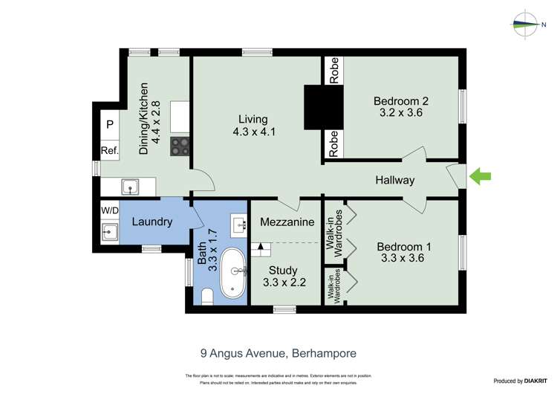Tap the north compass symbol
tap(527, 24)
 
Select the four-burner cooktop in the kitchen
tap(180, 146)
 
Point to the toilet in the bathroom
tap(207, 297)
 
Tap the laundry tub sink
tap(110, 231)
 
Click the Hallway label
tap(394, 180)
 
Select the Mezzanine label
tap(287, 222)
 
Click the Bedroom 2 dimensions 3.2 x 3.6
tap(401, 113)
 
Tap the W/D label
tap(110, 210)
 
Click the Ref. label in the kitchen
tap(110, 151)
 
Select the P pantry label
tap(110, 124)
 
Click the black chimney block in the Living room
tap(324, 108)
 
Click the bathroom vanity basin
tap(238, 224)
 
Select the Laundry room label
tap(152, 222)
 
